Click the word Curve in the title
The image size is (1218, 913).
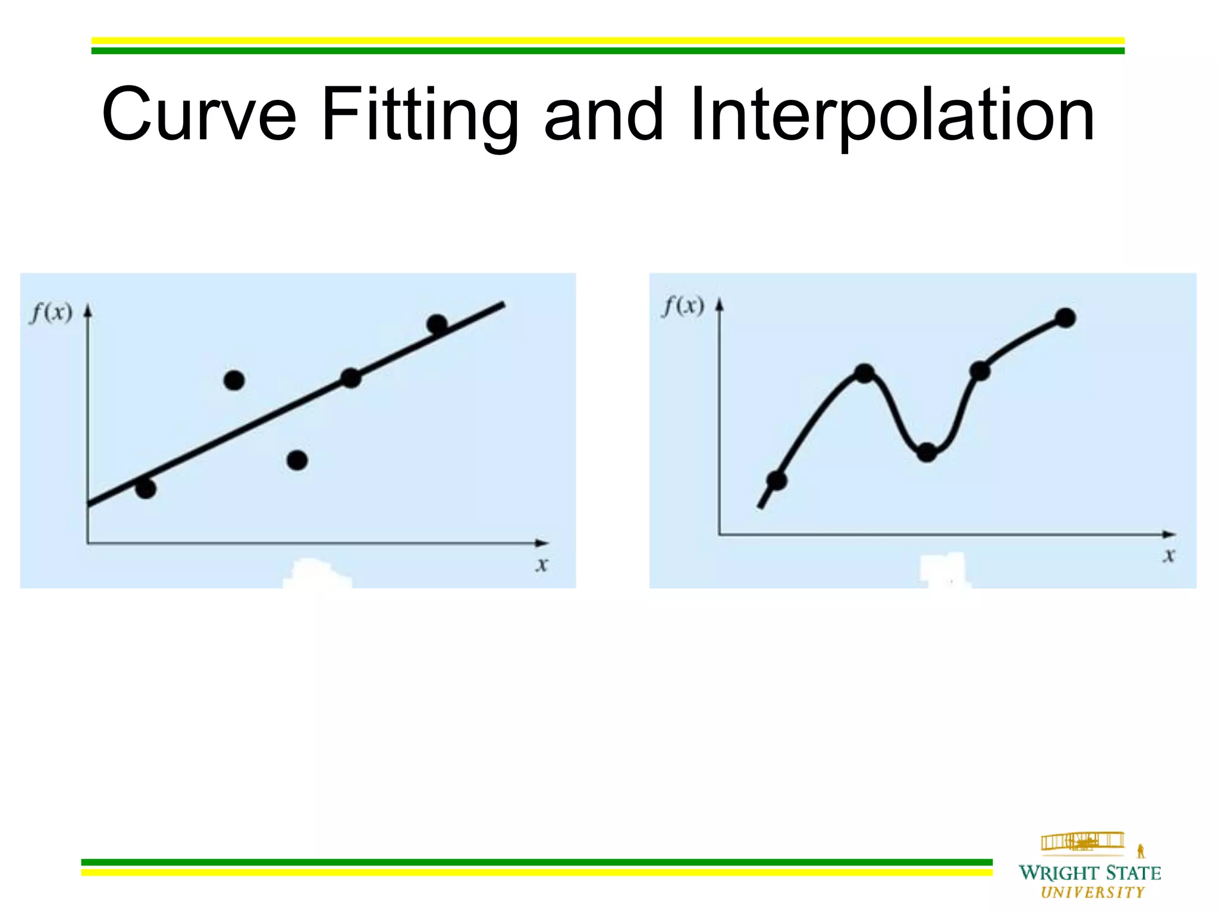pyautogui.click(x=199, y=114)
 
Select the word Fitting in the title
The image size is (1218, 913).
pyautogui.click(x=420, y=116)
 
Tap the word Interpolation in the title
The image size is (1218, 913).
pyautogui.click(x=892, y=116)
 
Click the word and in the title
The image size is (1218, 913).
pyautogui.click(x=603, y=114)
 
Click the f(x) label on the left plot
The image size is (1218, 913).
pyautogui.click(x=51, y=311)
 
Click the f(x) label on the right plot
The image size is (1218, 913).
pyautogui.click(x=683, y=306)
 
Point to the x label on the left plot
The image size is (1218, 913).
pyautogui.click(x=541, y=564)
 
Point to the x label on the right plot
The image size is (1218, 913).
pyautogui.click(x=1169, y=555)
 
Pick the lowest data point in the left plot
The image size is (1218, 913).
pyautogui.click(x=146, y=488)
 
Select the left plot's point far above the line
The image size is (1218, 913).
pyautogui.click(x=234, y=380)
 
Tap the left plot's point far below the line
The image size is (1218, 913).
pyautogui.click(x=297, y=460)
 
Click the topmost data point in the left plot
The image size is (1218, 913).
pyautogui.click(x=437, y=324)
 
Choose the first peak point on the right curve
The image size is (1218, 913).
pyautogui.click(x=864, y=373)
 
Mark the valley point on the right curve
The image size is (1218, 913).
pyautogui.click(x=927, y=452)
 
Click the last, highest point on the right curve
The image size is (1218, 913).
pyautogui.click(x=1065, y=318)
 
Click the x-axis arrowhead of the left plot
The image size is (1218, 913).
pyautogui.click(x=542, y=543)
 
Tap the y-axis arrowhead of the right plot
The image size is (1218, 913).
pyautogui.click(x=720, y=305)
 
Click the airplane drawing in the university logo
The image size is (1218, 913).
pyautogui.click(x=1082, y=842)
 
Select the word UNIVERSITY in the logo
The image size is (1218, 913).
pyautogui.click(x=1093, y=892)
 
